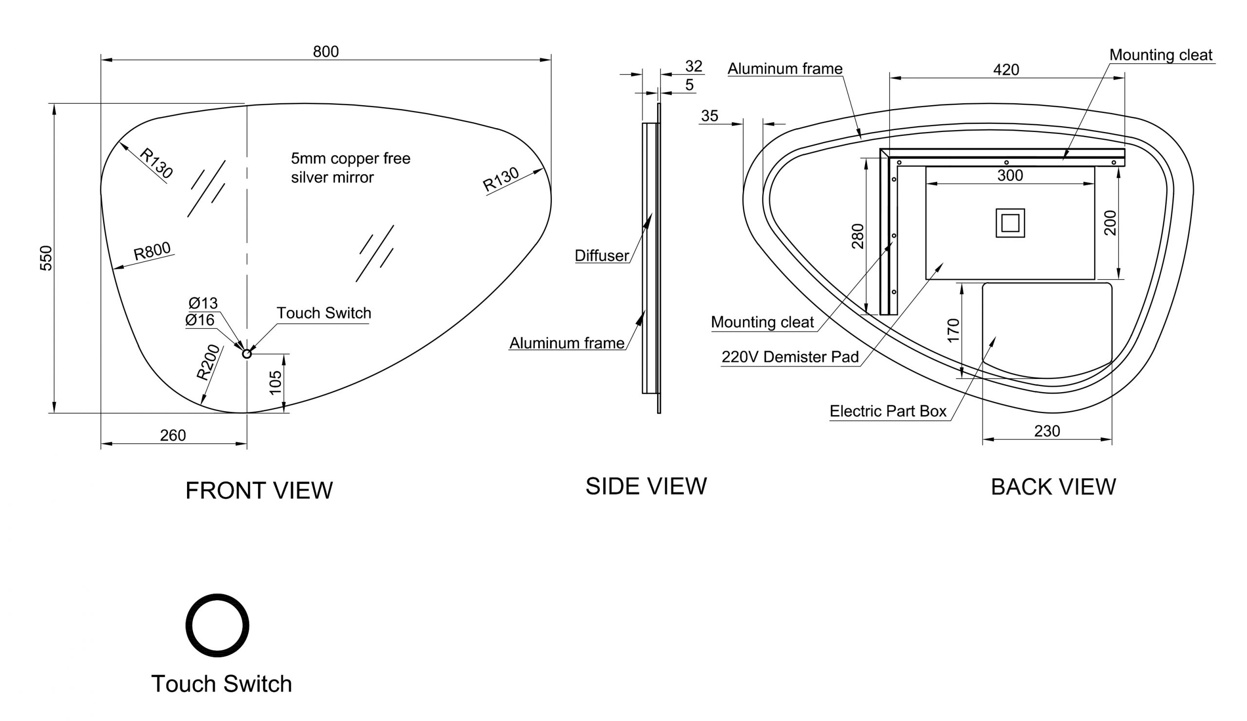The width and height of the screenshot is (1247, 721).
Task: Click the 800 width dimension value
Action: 325,52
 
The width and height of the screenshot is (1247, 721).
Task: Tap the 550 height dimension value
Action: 45,258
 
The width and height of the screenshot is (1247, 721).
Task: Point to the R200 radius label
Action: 208,362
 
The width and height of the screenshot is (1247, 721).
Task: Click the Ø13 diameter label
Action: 203,303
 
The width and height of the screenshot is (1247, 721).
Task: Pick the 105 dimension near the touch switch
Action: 275,382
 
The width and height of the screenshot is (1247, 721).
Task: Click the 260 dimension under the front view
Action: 173,435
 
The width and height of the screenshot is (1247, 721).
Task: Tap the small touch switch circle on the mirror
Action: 247,353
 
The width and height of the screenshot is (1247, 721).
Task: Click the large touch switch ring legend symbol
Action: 217,625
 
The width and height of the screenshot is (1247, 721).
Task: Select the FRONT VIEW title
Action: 259,491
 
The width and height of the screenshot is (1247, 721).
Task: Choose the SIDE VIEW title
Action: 646,486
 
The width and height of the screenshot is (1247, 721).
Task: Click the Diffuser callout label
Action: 601,255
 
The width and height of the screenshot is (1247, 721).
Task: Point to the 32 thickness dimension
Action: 693,66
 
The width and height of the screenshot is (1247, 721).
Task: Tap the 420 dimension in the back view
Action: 1006,70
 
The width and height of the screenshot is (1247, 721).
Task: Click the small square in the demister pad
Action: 1010,223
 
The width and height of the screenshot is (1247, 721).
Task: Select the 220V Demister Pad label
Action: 790,357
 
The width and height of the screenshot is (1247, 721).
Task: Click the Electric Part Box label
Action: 888,411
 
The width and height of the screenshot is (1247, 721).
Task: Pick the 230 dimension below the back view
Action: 1047,431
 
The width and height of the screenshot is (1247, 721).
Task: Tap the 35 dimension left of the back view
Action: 709,116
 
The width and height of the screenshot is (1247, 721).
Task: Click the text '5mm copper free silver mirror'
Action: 350,168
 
